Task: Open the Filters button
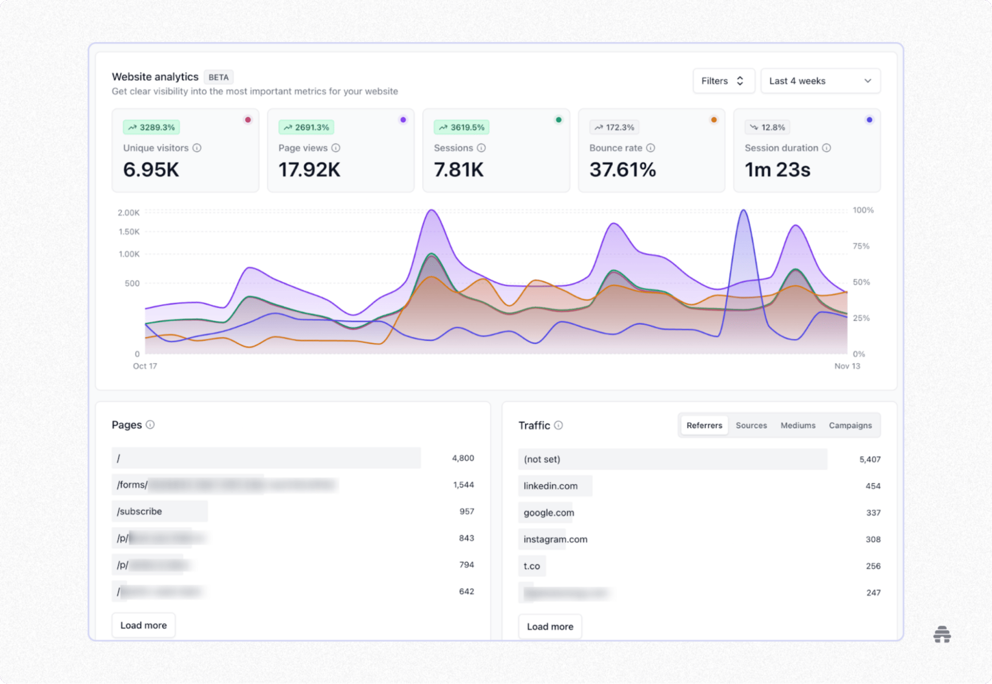click(x=723, y=81)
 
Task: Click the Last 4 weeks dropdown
click(x=820, y=81)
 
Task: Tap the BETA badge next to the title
click(x=219, y=77)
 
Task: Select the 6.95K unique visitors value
click(x=151, y=170)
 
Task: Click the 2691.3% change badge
click(x=306, y=128)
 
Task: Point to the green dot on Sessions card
click(x=559, y=120)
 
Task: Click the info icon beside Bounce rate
click(x=650, y=148)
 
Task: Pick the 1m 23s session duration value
click(x=777, y=170)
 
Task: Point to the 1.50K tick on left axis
click(x=129, y=232)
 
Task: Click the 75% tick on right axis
click(x=861, y=246)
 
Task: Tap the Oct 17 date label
click(x=145, y=366)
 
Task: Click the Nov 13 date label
click(x=847, y=366)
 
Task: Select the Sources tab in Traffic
click(x=751, y=425)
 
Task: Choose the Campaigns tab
click(x=850, y=425)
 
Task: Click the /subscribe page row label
click(x=139, y=512)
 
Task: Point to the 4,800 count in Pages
click(x=462, y=458)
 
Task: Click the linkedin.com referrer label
click(x=550, y=486)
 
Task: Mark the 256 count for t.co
click(x=873, y=566)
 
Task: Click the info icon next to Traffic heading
click(x=559, y=425)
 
